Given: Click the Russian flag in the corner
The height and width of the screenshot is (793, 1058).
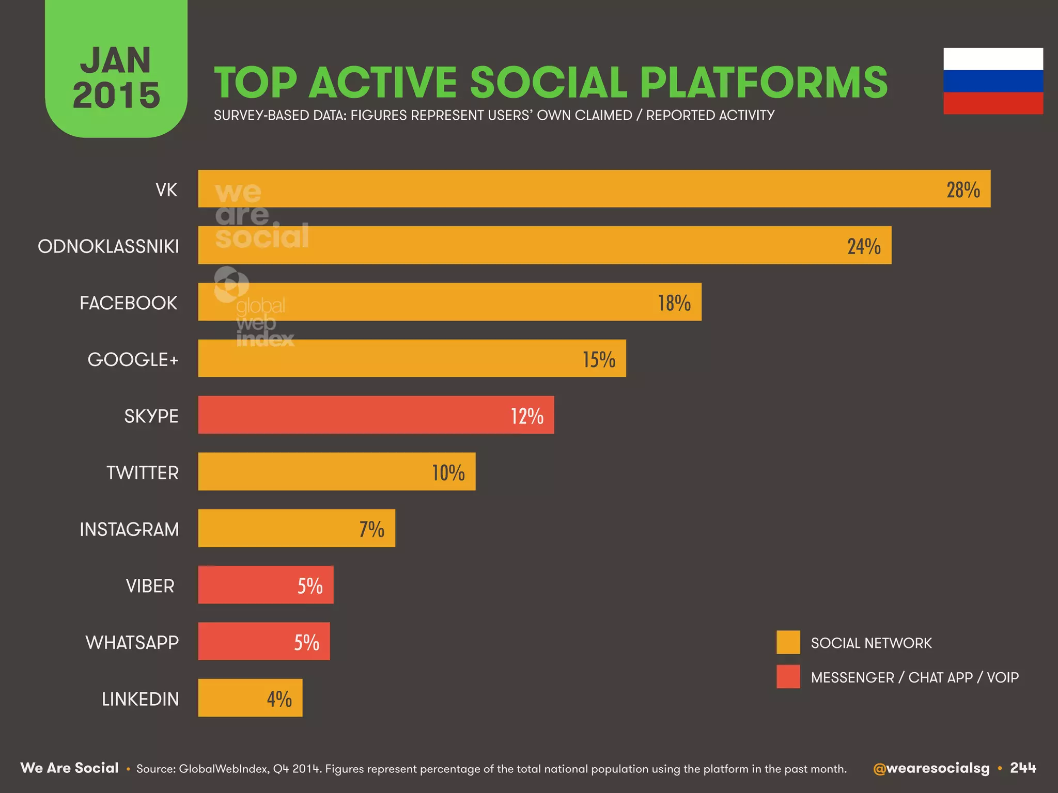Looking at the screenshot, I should [993, 81].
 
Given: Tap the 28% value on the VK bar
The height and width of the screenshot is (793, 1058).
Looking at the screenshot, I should [963, 190].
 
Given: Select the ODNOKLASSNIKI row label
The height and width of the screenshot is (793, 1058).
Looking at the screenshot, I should [108, 246].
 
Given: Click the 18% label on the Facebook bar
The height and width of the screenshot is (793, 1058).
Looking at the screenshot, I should [674, 303].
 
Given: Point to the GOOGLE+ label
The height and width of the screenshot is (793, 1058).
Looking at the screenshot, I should [133, 359].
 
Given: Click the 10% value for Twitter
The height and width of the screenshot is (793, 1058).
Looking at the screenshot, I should [448, 472].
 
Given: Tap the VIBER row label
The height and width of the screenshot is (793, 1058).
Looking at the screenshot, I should [150, 586].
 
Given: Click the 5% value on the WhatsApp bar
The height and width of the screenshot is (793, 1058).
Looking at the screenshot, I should [306, 642].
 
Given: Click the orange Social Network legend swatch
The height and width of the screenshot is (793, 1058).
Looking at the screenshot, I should [788, 642].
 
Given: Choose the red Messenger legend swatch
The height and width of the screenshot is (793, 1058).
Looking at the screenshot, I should [788, 676].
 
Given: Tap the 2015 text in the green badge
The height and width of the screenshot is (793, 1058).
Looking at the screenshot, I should [116, 96].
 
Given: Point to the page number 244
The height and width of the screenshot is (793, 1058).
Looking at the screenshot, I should [1023, 768].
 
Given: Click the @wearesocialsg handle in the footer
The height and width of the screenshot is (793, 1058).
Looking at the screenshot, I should [931, 768].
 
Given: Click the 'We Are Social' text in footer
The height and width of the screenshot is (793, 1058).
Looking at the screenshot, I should [70, 768].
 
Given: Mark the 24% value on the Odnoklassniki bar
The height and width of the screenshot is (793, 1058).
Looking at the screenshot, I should [863, 246].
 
